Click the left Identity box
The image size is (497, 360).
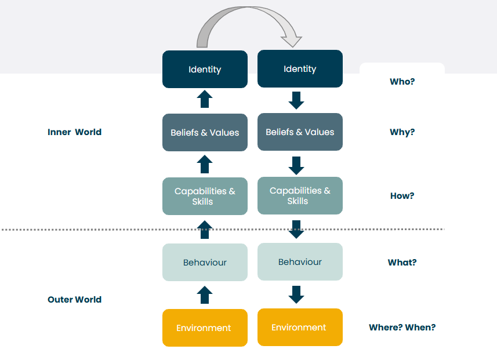point(205,69)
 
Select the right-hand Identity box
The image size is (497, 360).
point(300,68)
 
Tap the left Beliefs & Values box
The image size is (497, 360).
point(205,133)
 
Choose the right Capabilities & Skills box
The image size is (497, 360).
point(300,195)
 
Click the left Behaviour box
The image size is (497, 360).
point(205,263)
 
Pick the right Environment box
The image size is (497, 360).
point(300,327)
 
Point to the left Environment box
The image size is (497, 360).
point(205,328)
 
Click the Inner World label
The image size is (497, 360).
point(74,132)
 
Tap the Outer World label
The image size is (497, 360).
point(74,300)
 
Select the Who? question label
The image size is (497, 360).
point(402,81)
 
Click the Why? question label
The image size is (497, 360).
point(402,132)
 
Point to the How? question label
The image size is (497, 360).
point(402,195)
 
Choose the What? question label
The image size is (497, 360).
point(402,263)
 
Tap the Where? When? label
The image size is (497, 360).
point(402,327)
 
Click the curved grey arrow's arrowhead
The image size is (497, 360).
point(292,41)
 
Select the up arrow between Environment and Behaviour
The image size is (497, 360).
point(205,295)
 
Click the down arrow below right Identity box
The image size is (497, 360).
point(296,100)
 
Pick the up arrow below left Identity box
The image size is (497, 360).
point(205,99)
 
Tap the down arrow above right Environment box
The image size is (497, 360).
point(296,294)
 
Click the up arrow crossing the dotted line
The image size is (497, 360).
point(205,230)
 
